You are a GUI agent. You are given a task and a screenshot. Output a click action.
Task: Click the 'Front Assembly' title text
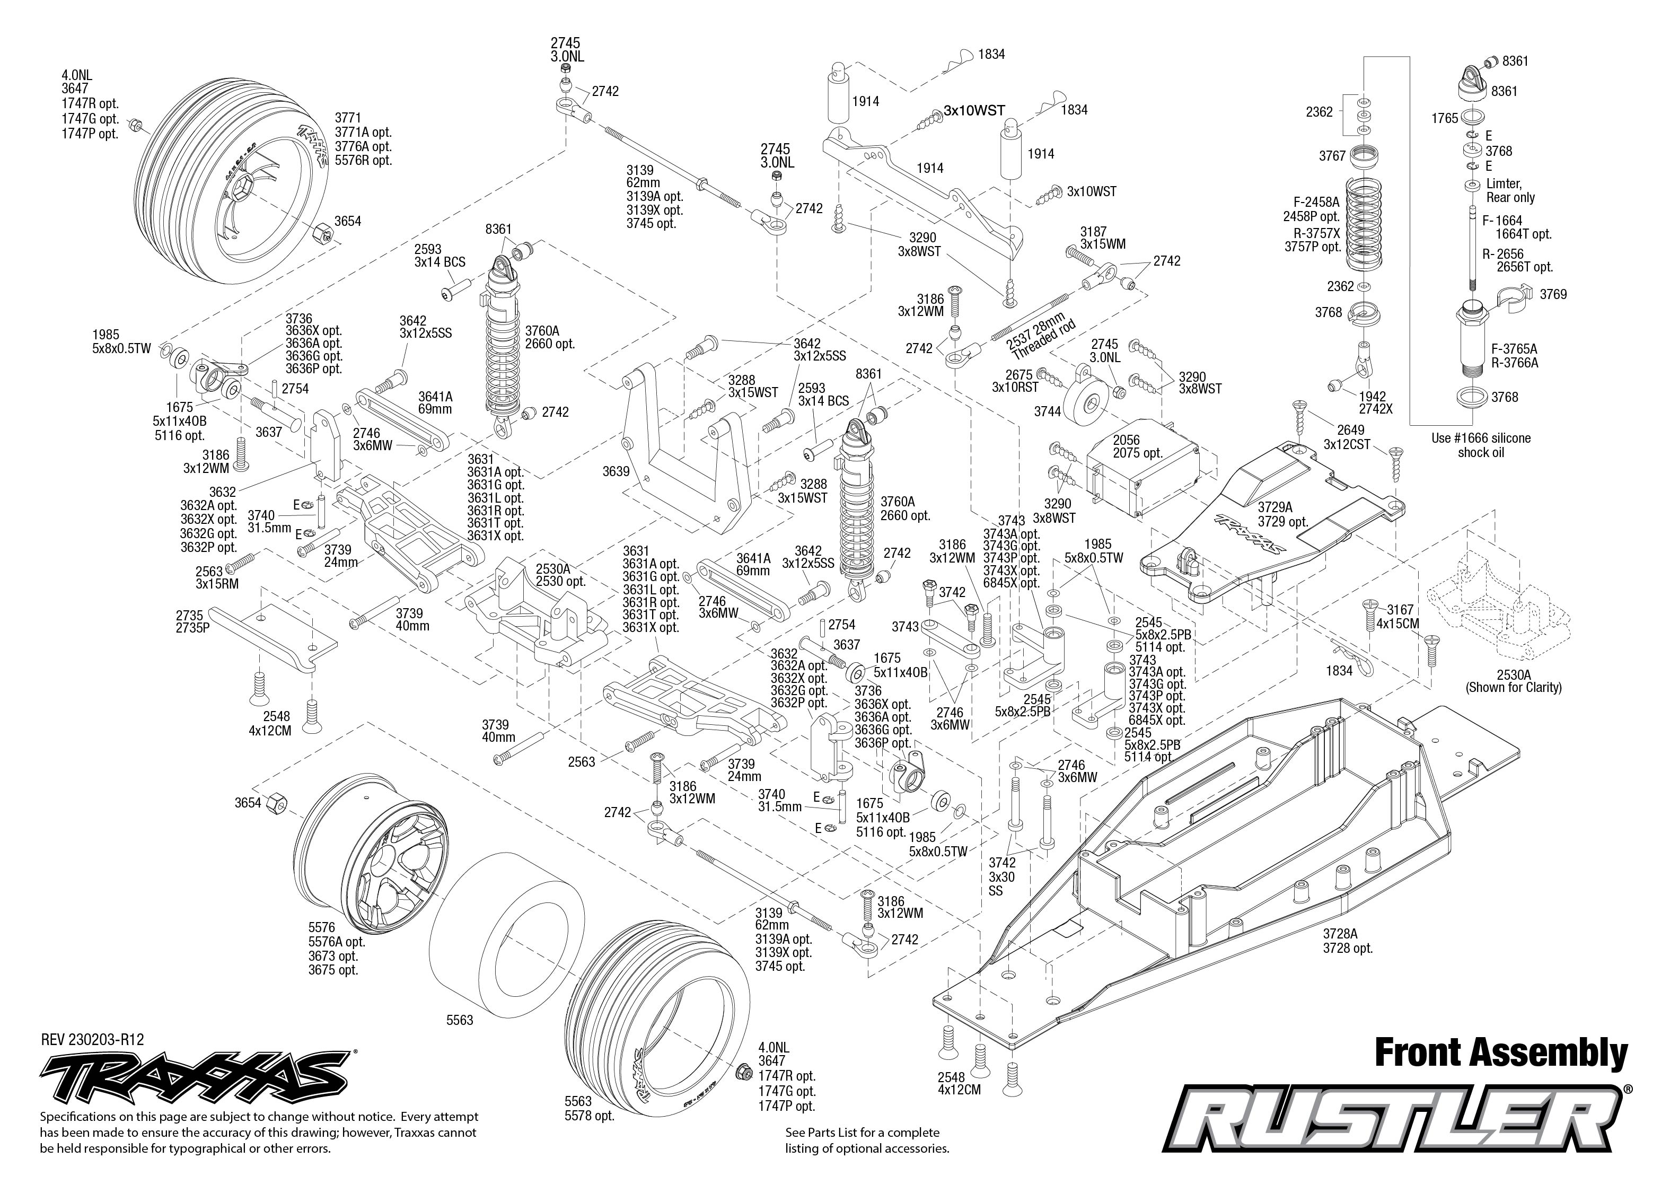1500,1054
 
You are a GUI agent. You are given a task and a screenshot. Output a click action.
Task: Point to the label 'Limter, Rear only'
1510,190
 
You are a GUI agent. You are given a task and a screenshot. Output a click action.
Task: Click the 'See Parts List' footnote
867,1140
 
